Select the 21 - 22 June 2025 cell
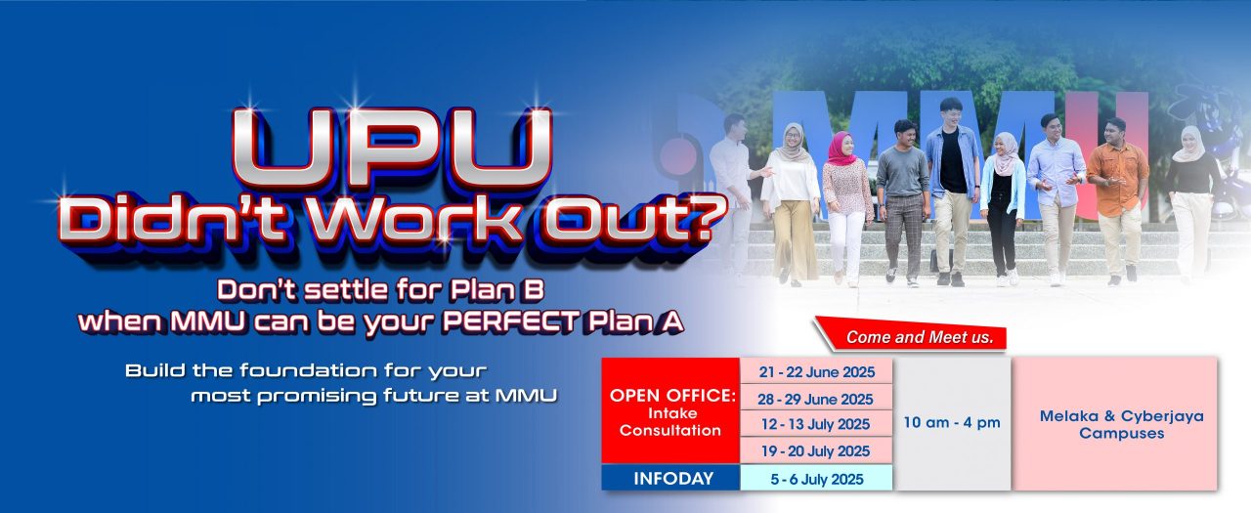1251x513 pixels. click(816, 371)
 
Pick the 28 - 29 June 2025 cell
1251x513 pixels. click(816, 399)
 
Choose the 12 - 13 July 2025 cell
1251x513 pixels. click(816, 424)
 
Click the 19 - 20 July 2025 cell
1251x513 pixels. click(816, 451)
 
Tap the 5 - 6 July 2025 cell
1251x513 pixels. click(816, 479)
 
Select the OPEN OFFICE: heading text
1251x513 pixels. click(672, 395)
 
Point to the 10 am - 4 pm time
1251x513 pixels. click(952, 422)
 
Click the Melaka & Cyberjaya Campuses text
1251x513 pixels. click(1121, 424)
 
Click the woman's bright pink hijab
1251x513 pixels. click(840, 148)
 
